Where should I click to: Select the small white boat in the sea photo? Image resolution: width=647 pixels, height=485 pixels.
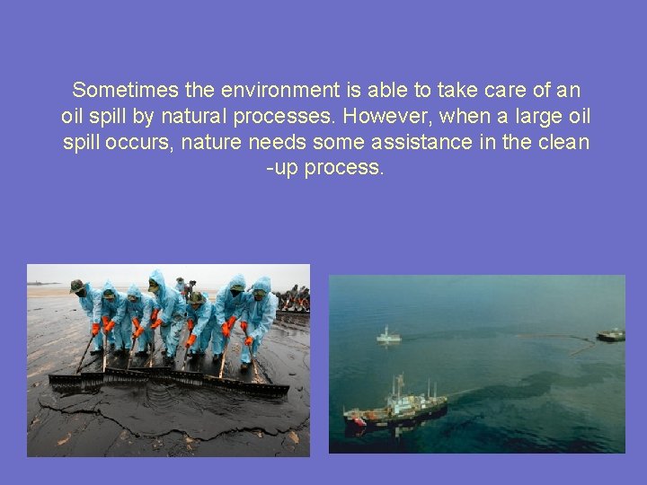[388, 336]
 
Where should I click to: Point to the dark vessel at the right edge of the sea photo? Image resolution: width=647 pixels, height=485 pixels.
[610, 335]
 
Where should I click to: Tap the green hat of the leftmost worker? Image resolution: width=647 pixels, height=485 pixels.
[77, 287]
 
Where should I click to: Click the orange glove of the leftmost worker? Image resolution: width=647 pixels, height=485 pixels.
[95, 330]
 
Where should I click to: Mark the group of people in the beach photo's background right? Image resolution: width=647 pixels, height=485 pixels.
[292, 298]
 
